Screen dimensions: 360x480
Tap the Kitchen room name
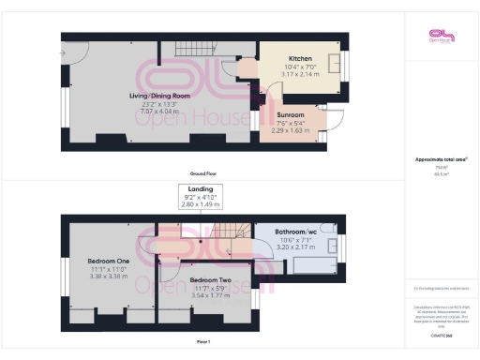301,58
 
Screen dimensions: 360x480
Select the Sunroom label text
291,114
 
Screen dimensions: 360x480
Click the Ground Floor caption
204,173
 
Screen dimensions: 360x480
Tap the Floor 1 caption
204,342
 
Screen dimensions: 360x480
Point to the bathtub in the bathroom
312,265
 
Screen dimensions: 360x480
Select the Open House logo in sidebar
440,37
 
